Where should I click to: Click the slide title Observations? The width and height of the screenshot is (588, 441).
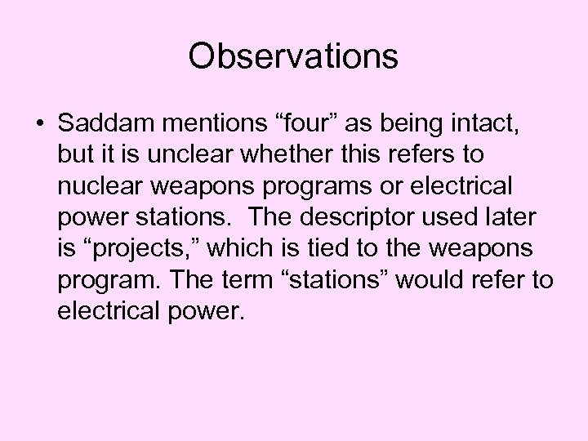tap(293, 56)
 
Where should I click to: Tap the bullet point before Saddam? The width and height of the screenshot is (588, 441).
tap(39, 124)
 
